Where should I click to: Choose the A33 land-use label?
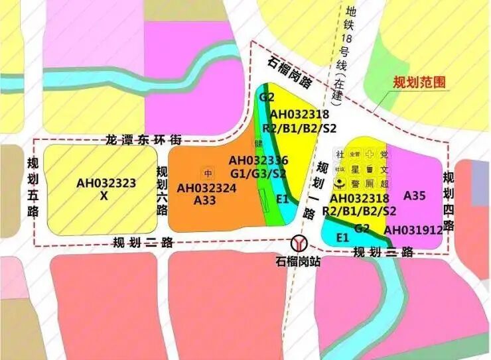point(205,200)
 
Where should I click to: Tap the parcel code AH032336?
point(258,160)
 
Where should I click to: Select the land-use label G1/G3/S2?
point(258,173)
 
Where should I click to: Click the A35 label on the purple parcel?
point(414,195)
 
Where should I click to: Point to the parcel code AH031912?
point(413,229)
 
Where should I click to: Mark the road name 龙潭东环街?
point(143,141)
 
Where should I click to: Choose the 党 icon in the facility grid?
point(384,154)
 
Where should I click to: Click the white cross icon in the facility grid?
point(369,154)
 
